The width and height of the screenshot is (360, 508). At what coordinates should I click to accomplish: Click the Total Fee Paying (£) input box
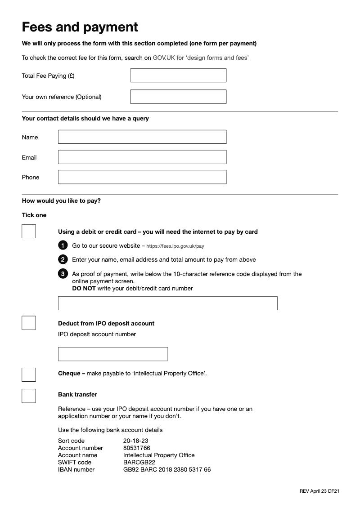pyautogui.click(x=178, y=76)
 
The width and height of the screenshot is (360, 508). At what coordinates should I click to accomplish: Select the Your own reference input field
pyautogui.click(x=178, y=97)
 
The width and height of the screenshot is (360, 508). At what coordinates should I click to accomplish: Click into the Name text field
pyautogui.click(x=142, y=137)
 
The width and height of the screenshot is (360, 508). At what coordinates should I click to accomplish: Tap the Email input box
pyautogui.click(x=142, y=157)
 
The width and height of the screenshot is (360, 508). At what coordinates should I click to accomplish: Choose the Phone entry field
pyautogui.click(x=142, y=177)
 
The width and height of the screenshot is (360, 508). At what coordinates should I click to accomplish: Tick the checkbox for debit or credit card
pyautogui.click(x=29, y=232)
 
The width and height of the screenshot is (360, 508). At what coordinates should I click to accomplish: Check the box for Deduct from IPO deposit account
pyautogui.click(x=29, y=323)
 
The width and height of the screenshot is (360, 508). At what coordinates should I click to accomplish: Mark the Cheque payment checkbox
pyautogui.click(x=29, y=374)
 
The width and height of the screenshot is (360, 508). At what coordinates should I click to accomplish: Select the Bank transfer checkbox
pyautogui.click(x=29, y=396)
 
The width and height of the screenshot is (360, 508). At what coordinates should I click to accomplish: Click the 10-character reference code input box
pyautogui.click(x=167, y=303)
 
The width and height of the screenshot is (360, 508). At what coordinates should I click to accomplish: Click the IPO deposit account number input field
pyautogui.click(x=113, y=354)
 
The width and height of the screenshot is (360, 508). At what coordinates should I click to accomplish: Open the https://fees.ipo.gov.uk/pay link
pyautogui.click(x=175, y=246)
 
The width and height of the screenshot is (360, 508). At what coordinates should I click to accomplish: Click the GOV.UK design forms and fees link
pyautogui.click(x=201, y=58)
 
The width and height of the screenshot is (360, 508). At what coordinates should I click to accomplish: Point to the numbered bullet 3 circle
pyautogui.click(x=63, y=274)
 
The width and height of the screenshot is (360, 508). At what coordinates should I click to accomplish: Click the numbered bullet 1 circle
pyautogui.click(x=63, y=245)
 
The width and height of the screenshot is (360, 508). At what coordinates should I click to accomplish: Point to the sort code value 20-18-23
pyautogui.click(x=136, y=441)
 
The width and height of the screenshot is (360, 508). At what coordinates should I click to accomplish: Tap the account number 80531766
pyautogui.click(x=137, y=448)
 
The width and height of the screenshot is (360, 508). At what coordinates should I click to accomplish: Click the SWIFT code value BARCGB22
pyautogui.click(x=139, y=463)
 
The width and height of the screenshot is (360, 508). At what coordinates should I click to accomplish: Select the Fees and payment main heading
pyautogui.click(x=80, y=27)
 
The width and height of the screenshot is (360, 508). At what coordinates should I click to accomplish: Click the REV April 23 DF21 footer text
pyautogui.click(x=319, y=491)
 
